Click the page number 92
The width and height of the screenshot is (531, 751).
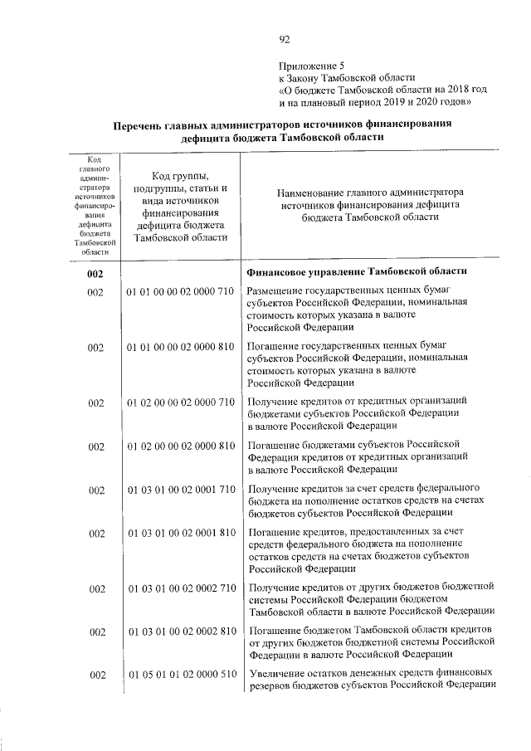(285, 38)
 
